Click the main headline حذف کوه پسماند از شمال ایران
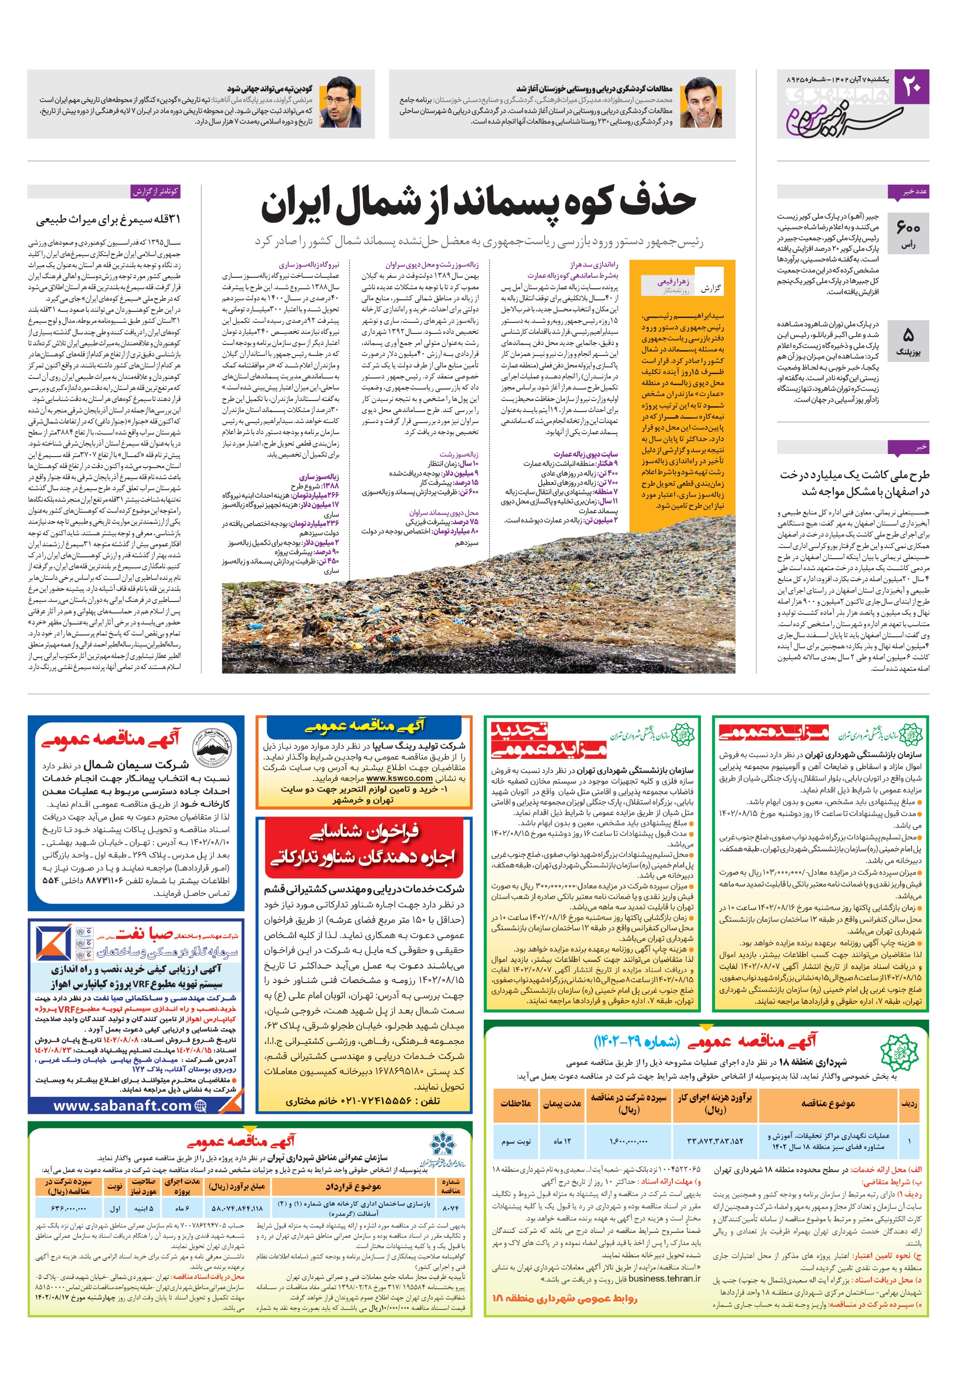(478, 203)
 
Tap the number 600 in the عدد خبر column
(908, 227)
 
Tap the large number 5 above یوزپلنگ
(908, 334)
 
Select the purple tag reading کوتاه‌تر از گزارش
(156, 192)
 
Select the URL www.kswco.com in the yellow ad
(399, 778)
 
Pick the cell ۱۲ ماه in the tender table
(562, 1141)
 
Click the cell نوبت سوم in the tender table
(516, 1141)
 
